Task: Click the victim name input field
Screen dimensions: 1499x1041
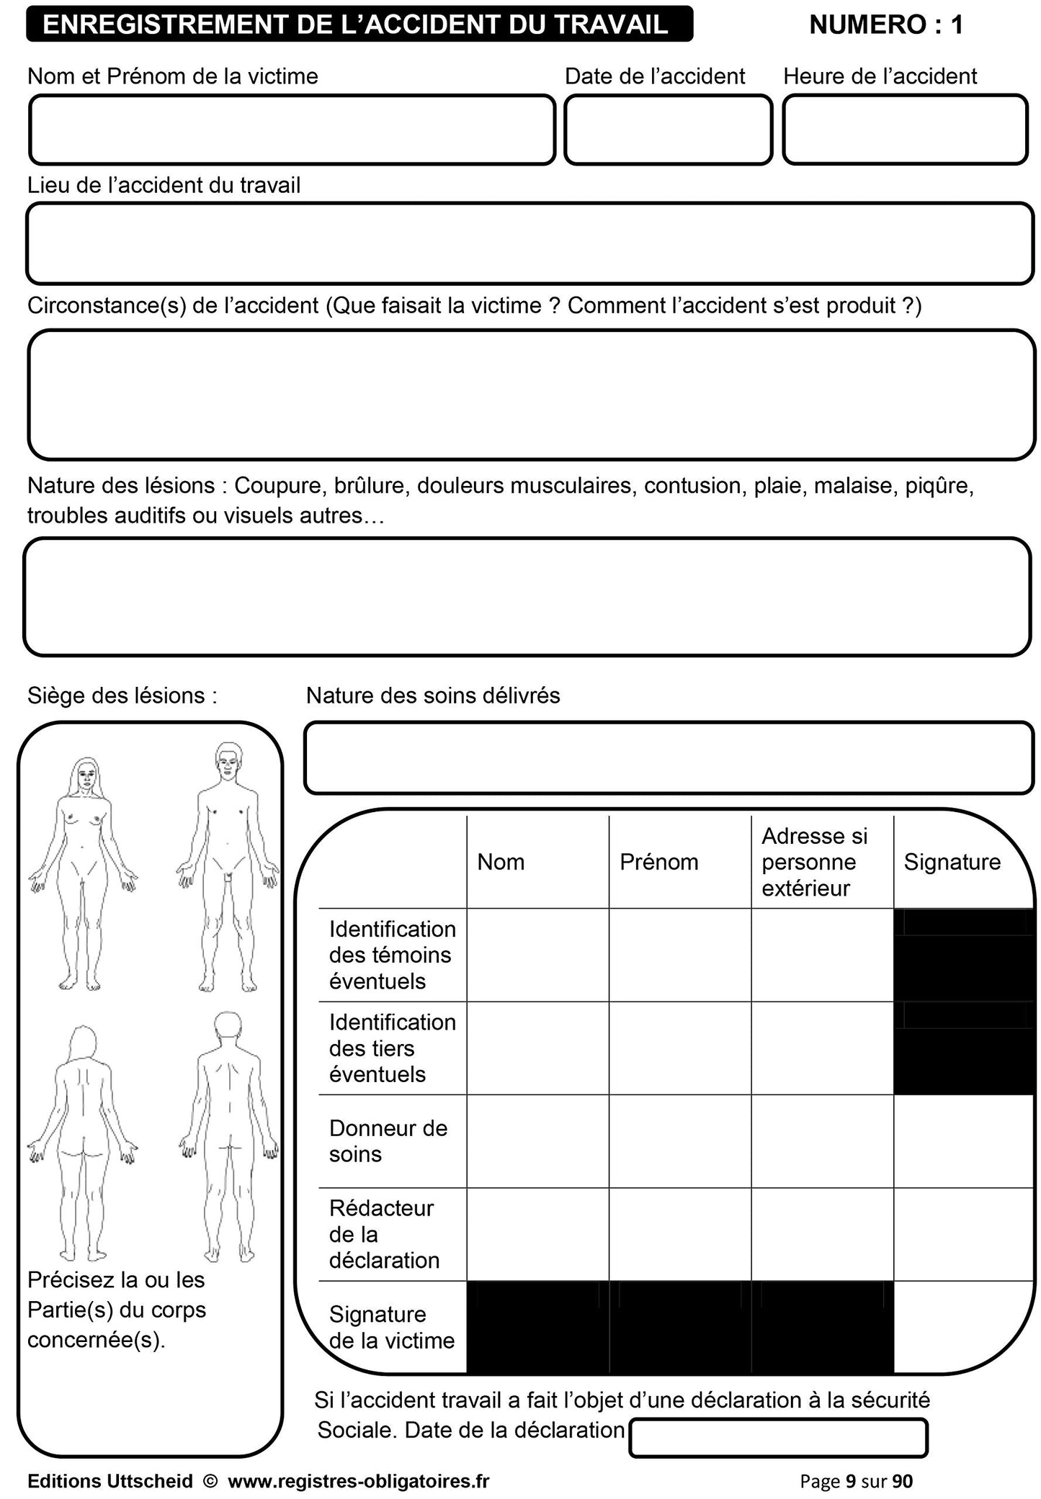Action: [x=292, y=130]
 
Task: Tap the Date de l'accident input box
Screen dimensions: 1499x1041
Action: [x=668, y=130]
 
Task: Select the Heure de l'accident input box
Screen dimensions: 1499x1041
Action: [x=905, y=130]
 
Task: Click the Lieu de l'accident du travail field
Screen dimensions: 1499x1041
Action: [x=530, y=243]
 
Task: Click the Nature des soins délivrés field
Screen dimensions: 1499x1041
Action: [x=669, y=757]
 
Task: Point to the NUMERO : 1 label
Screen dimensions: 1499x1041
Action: [x=885, y=25]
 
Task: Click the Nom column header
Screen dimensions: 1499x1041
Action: [x=501, y=862]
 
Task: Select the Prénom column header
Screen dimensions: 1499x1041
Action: [x=658, y=862]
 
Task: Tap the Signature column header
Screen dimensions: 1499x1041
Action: [x=952, y=862]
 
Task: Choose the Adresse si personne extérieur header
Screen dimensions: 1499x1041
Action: [x=814, y=862]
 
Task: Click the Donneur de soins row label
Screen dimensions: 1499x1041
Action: [x=388, y=1141]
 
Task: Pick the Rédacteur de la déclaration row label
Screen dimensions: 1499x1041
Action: [x=383, y=1234]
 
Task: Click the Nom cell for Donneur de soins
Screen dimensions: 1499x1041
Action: [x=537, y=1141]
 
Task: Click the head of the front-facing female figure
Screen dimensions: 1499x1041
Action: [x=86, y=775]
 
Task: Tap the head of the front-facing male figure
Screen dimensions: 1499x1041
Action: [x=228, y=760]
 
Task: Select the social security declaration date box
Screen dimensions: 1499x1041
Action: [x=778, y=1438]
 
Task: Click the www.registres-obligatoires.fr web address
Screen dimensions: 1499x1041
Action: [x=358, y=1481]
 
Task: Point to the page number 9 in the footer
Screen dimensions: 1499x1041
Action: [x=851, y=1481]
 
